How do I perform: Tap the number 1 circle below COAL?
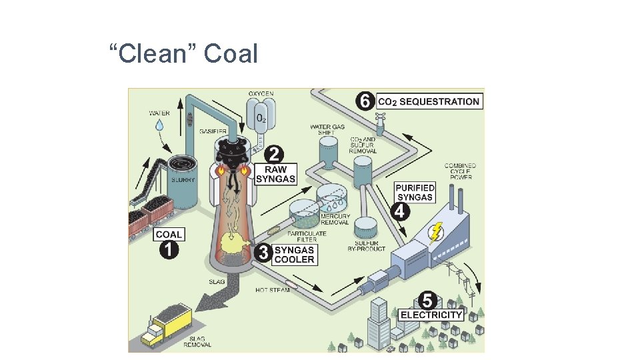point(169,251)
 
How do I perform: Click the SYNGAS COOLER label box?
point(294,254)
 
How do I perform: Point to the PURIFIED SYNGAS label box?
point(415,192)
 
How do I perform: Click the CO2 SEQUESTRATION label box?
point(429,101)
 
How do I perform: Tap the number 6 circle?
point(364,101)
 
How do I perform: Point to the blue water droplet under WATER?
point(159,125)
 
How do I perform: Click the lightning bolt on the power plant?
point(435,233)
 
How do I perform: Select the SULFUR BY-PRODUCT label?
point(366,245)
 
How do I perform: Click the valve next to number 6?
point(381,123)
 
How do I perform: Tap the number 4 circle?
point(400,211)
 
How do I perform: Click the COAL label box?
point(169,235)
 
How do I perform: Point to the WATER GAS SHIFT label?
point(326,129)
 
